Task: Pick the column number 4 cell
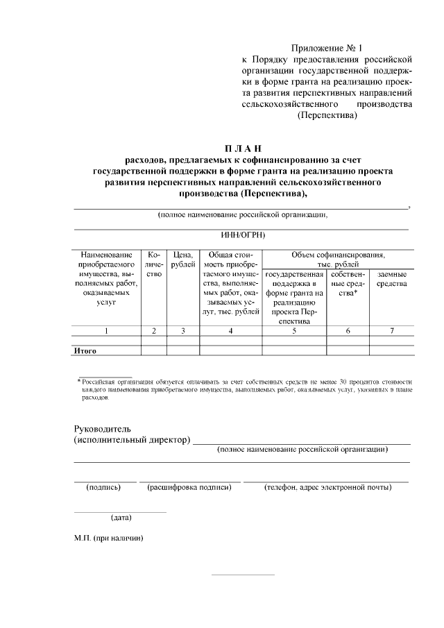point(230,331)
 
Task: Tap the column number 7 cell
point(392,331)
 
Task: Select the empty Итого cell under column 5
point(294,351)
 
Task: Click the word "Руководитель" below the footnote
point(102,428)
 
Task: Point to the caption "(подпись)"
point(103,487)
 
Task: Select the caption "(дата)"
point(122,517)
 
